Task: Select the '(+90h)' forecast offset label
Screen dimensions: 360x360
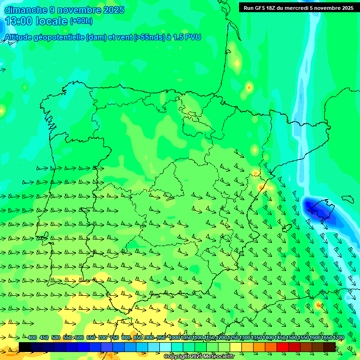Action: click(x=81, y=21)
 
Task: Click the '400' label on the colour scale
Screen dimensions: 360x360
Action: click(x=32, y=338)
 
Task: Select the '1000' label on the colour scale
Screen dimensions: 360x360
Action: click(x=174, y=338)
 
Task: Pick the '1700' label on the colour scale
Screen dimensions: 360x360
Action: click(x=325, y=338)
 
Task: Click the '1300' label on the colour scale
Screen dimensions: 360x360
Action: click(x=245, y=338)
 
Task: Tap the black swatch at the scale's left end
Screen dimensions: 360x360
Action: click(x=25, y=347)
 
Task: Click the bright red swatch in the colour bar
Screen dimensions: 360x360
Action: click(x=283, y=347)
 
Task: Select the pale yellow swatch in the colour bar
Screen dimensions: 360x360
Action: click(x=236, y=347)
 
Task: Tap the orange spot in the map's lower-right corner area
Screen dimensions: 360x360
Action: click(x=318, y=305)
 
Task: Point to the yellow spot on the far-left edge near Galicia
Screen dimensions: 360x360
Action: click(x=2, y=111)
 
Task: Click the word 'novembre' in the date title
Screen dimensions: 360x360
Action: click(x=78, y=10)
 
